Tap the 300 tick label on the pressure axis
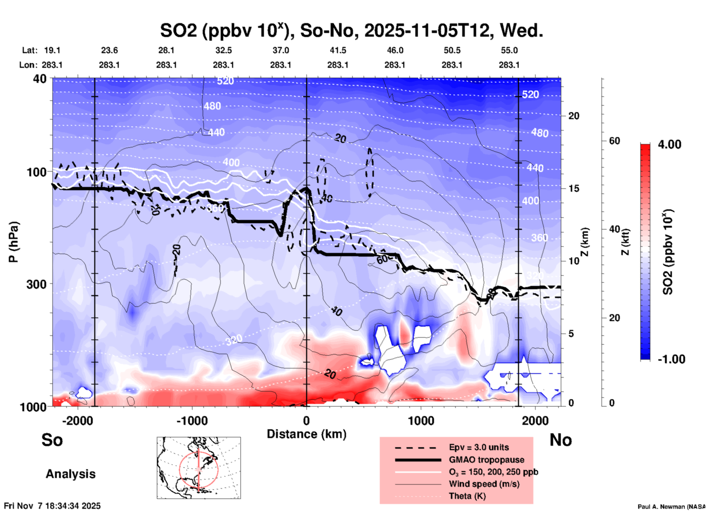tap(36, 284)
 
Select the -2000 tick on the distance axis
tap(77, 420)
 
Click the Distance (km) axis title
tap(306, 434)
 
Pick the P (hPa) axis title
tap(14, 242)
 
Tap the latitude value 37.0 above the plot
tap(281, 50)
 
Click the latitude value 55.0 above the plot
tap(509, 50)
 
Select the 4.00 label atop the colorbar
tap(669, 144)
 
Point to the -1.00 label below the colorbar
tap(671, 359)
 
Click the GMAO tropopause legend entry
tap(486, 460)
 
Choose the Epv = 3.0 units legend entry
tap(479, 447)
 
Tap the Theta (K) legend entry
tap(467, 496)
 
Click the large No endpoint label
tap(560, 440)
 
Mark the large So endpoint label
tap(52, 440)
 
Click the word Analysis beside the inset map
tap(70, 474)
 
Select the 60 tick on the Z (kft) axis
tap(614, 141)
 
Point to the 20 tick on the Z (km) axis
tap(574, 116)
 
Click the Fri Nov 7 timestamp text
tap(52, 506)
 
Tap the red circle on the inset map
tap(180, 469)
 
